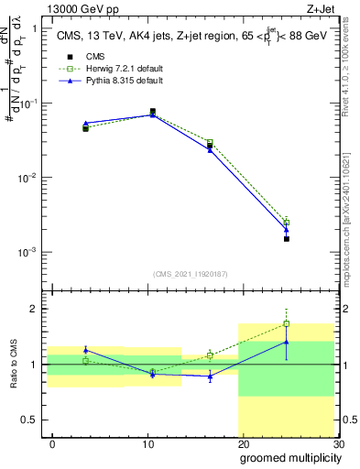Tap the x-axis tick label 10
point(147,443)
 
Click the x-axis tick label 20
point(243,443)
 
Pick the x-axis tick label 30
point(337,443)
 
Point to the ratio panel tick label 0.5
point(33,420)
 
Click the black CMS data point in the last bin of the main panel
point(286,238)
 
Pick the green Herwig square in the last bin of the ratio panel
point(286,323)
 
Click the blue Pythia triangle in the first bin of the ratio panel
point(86,350)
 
